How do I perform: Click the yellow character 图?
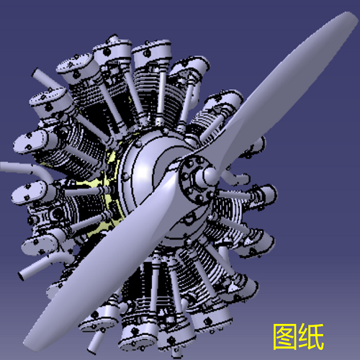pos(285,336)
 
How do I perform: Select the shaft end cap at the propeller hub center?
pos(210,175)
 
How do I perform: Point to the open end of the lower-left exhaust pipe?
pos(21,274)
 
